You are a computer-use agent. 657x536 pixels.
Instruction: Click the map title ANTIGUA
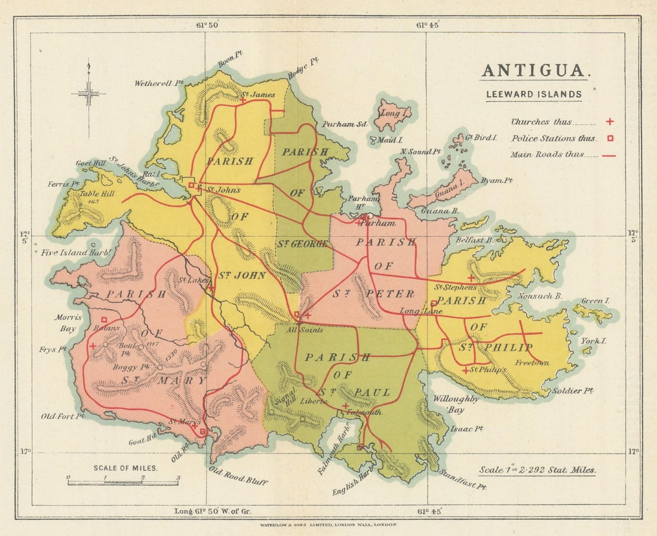[535, 71]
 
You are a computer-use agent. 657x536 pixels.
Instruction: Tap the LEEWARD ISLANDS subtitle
[533, 94]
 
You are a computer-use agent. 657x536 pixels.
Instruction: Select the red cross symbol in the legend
[609, 122]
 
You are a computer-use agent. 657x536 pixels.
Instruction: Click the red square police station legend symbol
[609, 139]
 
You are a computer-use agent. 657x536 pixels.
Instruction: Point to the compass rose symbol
[88, 93]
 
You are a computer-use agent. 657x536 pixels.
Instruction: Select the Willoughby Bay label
[455, 404]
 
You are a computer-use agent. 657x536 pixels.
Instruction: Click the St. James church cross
[242, 101]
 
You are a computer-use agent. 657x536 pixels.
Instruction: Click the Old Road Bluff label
[238, 476]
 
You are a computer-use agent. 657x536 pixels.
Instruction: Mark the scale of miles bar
[123, 482]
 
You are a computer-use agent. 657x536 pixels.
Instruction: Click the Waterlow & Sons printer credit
[328, 524]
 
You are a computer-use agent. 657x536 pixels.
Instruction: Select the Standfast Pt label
[462, 479]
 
